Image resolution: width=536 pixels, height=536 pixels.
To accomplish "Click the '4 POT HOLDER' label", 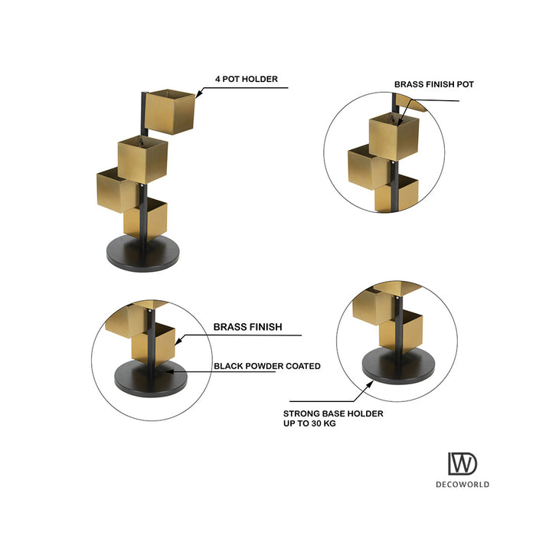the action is click(x=246, y=79).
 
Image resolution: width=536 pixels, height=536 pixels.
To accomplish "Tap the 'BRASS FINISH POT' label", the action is click(x=434, y=84).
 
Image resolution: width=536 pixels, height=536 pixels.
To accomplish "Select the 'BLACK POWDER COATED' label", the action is click(x=267, y=366).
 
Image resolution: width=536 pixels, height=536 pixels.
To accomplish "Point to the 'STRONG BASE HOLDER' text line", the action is click(x=333, y=413).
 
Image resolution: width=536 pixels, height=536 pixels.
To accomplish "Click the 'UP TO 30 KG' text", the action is click(x=309, y=423).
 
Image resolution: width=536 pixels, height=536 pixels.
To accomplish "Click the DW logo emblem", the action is click(x=462, y=463).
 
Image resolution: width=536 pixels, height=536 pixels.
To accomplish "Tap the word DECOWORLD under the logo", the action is click(x=462, y=485).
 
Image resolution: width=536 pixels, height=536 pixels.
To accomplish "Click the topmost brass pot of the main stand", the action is click(x=170, y=112).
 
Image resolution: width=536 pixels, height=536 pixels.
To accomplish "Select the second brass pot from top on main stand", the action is click(x=142, y=159).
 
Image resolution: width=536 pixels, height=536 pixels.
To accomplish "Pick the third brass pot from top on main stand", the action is click(x=116, y=190).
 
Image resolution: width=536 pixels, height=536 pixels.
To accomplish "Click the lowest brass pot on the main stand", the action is click(x=145, y=219).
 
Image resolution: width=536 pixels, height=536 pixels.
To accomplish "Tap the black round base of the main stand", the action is click(x=143, y=253).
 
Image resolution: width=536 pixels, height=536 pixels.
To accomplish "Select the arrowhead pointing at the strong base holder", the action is click(x=370, y=384).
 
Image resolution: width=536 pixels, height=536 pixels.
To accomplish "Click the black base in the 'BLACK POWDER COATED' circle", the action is click(x=151, y=379).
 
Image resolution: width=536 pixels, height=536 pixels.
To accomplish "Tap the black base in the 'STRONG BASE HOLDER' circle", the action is click(x=399, y=367).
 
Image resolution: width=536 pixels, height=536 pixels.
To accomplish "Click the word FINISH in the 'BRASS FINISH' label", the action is click(x=265, y=327).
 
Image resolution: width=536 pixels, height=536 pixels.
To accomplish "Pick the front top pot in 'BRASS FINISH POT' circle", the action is click(x=394, y=137).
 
